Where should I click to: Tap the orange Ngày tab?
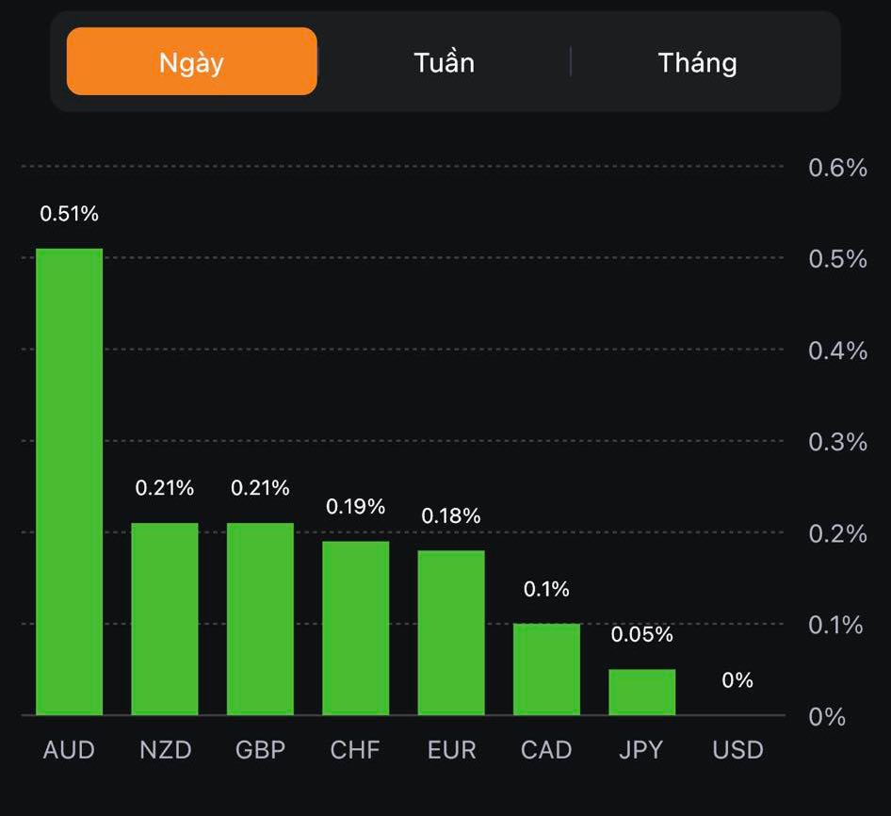click(x=191, y=62)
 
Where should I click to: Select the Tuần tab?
click(x=444, y=62)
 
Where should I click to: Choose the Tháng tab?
click(x=697, y=62)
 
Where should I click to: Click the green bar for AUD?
click(x=69, y=481)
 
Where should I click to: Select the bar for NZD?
click(x=165, y=618)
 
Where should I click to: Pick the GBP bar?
click(x=260, y=618)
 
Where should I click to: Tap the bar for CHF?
click(x=356, y=628)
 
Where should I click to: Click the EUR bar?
click(x=451, y=632)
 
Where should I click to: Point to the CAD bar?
click(x=546, y=669)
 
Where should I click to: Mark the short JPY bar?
click(x=642, y=692)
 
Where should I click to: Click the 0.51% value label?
click(x=69, y=214)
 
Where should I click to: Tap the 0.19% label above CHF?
click(x=356, y=507)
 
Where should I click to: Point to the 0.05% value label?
click(x=642, y=635)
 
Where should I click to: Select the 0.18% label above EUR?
click(x=451, y=516)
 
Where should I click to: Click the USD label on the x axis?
click(x=737, y=750)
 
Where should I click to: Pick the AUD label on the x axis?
click(x=69, y=750)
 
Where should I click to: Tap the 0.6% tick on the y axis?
click(x=837, y=168)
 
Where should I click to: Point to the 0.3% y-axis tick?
click(x=837, y=442)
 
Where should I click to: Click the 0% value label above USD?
click(x=737, y=680)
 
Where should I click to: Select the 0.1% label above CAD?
click(x=546, y=590)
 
